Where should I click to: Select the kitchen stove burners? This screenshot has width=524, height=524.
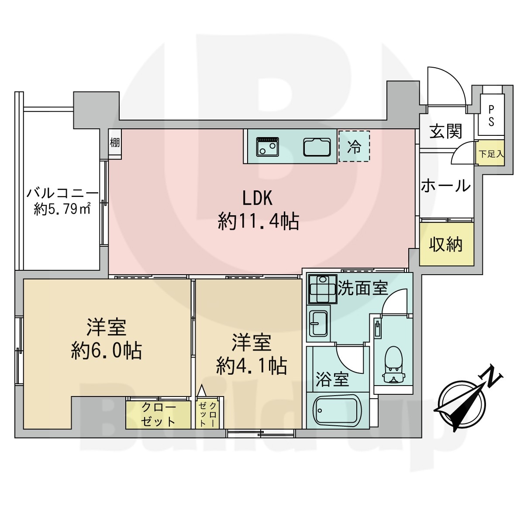click(x=268, y=146)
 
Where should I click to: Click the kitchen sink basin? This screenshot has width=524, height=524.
click(x=317, y=147)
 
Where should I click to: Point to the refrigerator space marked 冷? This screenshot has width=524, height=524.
click(x=354, y=147)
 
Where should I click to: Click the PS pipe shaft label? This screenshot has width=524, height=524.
click(x=491, y=116)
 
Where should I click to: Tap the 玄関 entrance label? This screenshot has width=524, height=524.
click(x=446, y=131)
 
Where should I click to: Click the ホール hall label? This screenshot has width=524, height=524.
click(x=446, y=186)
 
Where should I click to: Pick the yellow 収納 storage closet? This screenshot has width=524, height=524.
click(x=447, y=244)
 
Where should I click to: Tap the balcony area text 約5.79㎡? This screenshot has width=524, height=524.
click(x=62, y=210)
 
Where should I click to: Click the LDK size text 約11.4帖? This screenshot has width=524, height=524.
click(x=259, y=221)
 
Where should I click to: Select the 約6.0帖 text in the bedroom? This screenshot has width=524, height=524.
click(x=106, y=351)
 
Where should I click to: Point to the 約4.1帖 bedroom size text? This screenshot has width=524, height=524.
click(x=252, y=366)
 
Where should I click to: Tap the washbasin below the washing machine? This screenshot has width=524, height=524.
click(x=319, y=323)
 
